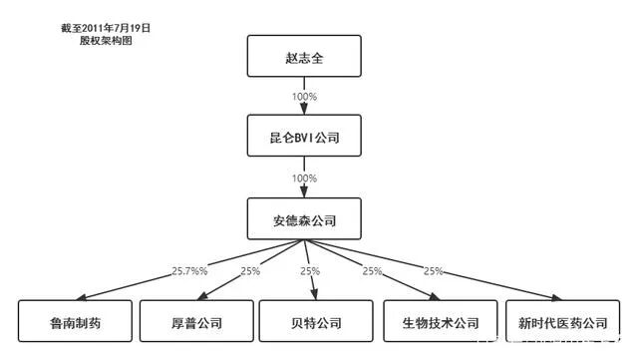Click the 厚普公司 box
[x=194, y=322]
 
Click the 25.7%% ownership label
[x=190, y=270]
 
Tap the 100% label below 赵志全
[x=304, y=97]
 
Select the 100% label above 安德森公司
[x=304, y=177]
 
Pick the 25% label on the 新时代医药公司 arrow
[x=434, y=270]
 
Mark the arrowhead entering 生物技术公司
[x=436, y=296]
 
